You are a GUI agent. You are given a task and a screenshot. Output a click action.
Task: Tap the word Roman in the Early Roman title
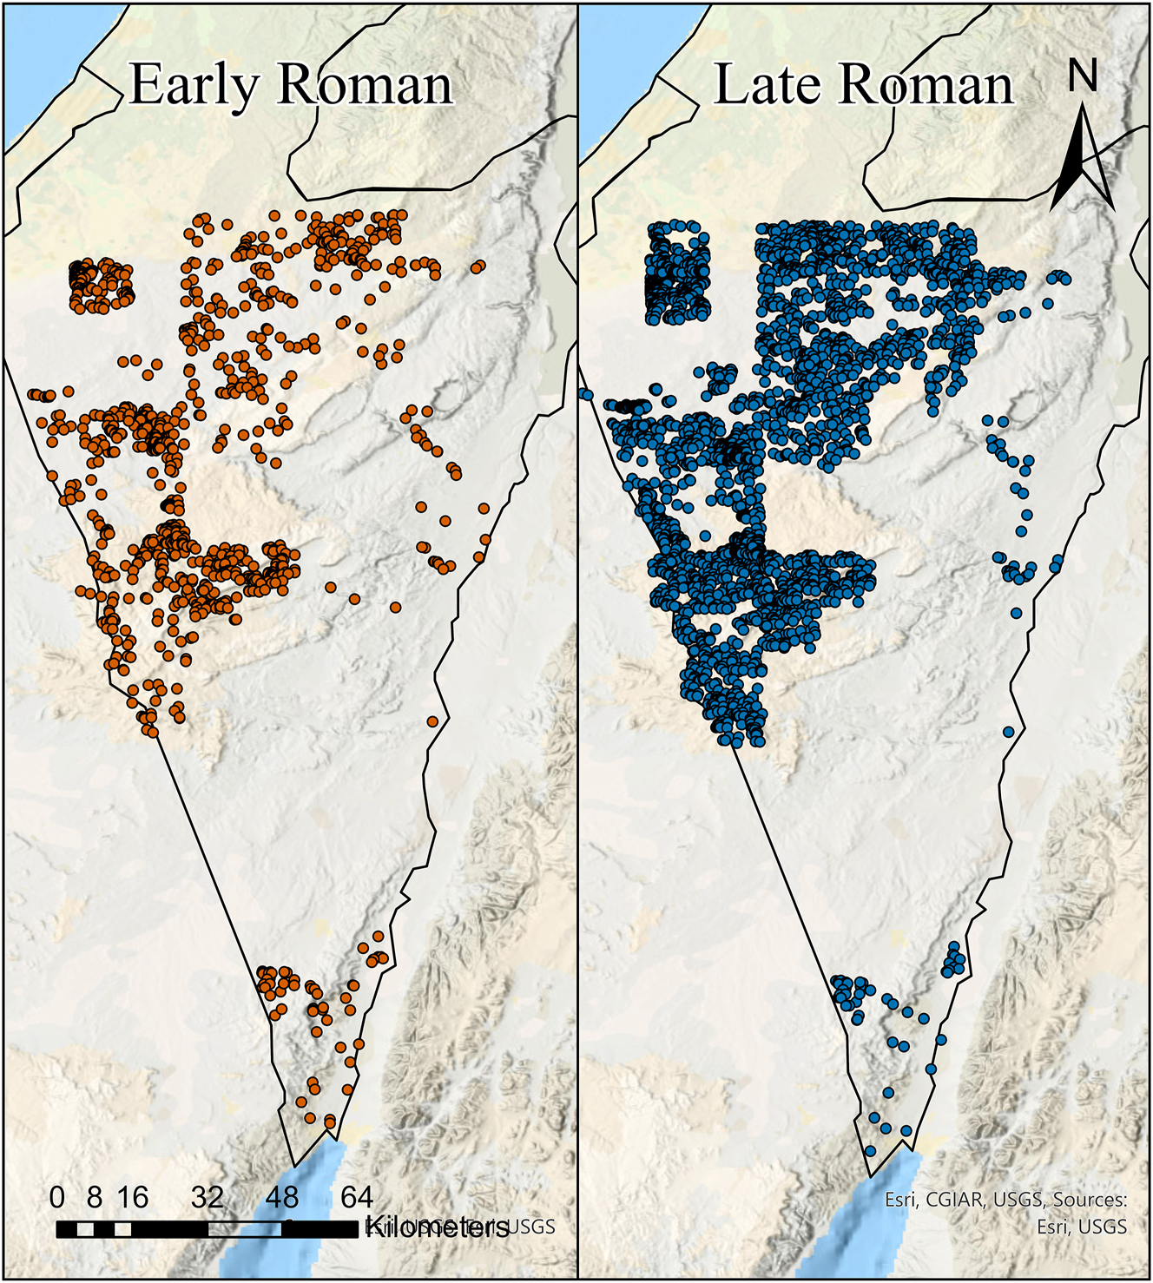[366, 86]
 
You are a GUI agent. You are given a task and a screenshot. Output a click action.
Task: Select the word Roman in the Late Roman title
[926, 86]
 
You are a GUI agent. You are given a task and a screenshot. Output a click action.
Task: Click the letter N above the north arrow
[1082, 76]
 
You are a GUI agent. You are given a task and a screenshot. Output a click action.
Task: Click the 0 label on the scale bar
[57, 1198]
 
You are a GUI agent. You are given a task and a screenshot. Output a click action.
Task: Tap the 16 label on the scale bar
[132, 1198]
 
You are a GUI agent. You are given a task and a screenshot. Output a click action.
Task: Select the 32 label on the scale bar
[207, 1198]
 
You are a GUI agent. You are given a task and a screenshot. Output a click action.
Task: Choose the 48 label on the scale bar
[282, 1198]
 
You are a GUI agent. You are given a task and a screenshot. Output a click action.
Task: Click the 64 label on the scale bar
[356, 1198]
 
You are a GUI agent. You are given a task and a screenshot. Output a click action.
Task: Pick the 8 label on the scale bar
[95, 1198]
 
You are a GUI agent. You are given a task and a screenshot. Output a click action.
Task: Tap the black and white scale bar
[207, 1229]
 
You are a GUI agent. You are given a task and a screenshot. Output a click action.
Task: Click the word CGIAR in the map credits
[953, 1200]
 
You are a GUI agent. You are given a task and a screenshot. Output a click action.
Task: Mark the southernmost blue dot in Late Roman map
[870, 1150]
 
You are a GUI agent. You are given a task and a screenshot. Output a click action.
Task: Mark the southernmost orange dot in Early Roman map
[330, 1122]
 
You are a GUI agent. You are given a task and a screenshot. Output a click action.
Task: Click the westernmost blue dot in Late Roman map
[586, 395]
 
